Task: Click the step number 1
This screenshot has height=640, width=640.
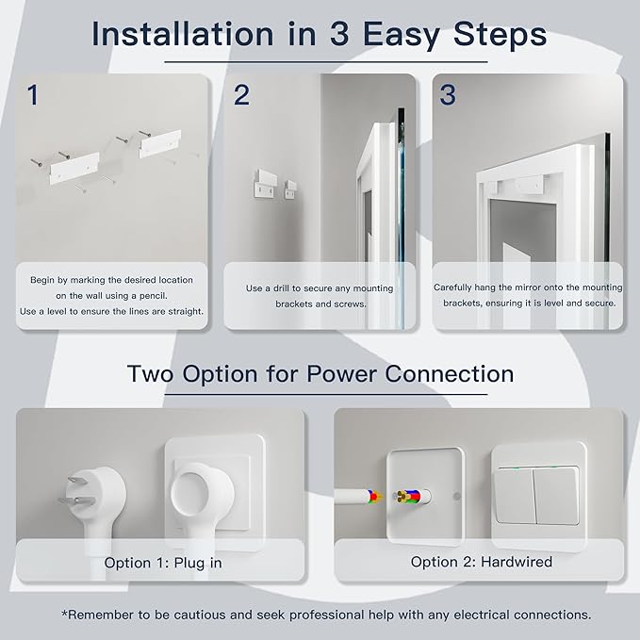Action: click(x=33, y=94)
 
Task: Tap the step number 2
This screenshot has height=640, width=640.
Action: click(x=241, y=94)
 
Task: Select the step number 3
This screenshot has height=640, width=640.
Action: click(x=448, y=94)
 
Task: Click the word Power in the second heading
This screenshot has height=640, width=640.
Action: click(x=341, y=374)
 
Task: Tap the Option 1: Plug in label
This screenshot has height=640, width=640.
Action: click(x=163, y=563)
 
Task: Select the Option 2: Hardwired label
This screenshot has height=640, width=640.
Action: click(x=482, y=562)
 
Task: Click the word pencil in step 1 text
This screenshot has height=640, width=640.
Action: click(x=153, y=296)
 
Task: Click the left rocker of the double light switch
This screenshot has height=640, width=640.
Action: click(x=515, y=496)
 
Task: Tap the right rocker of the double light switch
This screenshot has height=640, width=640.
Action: click(x=556, y=496)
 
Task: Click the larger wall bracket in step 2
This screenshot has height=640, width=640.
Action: click(x=264, y=184)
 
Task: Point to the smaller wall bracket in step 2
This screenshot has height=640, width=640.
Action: click(x=290, y=189)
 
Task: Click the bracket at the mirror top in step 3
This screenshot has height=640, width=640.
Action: click(x=529, y=185)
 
